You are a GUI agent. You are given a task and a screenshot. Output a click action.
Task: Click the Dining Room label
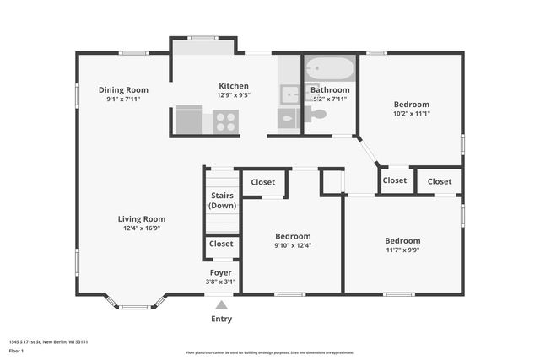point(123,89)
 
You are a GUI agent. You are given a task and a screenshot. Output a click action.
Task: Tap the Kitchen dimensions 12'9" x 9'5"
point(234,95)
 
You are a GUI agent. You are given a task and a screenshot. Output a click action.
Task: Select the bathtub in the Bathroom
point(329,67)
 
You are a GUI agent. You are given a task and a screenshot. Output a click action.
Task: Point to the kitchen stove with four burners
point(225,121)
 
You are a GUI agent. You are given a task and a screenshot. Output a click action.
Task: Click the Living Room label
point(141,218)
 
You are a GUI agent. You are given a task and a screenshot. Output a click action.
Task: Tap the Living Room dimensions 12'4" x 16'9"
point(141,228)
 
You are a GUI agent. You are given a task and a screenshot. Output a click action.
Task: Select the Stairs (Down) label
point(223,201)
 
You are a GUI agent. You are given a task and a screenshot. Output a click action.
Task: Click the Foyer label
point(221,272)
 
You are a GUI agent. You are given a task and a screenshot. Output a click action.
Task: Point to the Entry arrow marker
point(221,304)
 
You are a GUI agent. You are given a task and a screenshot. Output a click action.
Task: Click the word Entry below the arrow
point(221,319)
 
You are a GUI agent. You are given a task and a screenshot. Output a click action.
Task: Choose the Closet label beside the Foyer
point(221,244)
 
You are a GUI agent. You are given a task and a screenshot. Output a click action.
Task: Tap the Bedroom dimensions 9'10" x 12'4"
point(293,245)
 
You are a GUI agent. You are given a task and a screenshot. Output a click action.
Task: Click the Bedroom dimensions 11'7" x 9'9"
point(402,249)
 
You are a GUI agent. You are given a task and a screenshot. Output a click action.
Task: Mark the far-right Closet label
point(439,180)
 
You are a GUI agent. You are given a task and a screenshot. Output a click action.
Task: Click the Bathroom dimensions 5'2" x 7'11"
point(329,99)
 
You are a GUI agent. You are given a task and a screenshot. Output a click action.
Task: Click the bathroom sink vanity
point(289,94)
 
